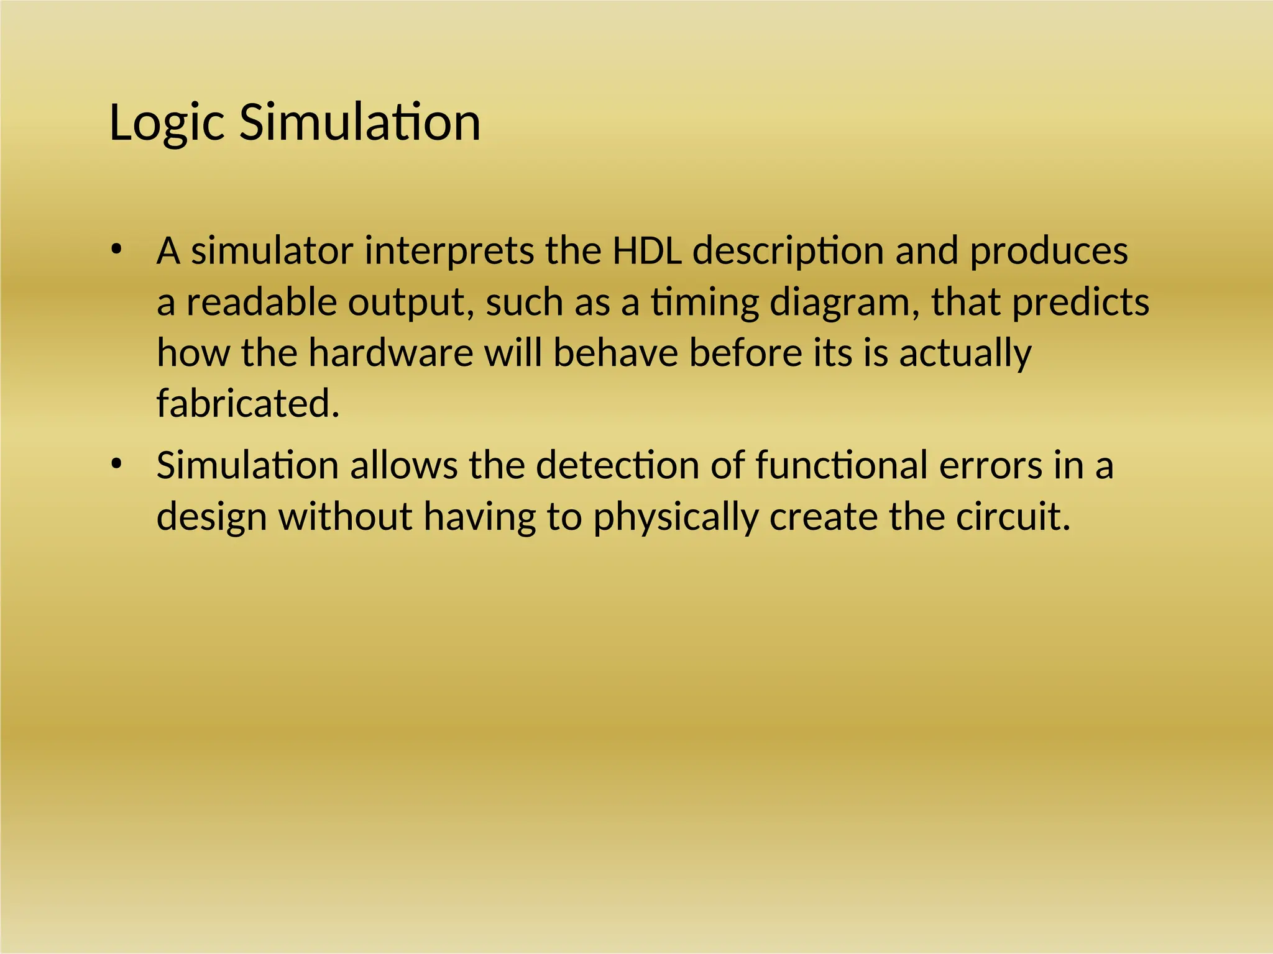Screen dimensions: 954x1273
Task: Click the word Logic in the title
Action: [x=166, y=123]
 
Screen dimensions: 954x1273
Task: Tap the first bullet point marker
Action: [x=116, y=250]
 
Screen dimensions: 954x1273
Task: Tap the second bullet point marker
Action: [x=116, y=465]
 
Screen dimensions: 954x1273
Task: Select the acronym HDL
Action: [x=647, y=251]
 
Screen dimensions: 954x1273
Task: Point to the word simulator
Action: [x=272, y=251]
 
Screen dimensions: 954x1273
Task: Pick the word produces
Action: [x=1049, y=251]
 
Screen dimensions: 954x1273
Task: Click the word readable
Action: [x=262, y=302]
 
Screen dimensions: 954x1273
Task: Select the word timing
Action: [x=705, y=302]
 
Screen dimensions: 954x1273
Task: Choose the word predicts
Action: [x=1081, y=302]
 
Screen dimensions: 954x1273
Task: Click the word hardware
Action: [x=391, y=353]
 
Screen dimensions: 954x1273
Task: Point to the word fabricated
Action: [x=247, y=404]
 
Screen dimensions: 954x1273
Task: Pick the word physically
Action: [x=676, y=517]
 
